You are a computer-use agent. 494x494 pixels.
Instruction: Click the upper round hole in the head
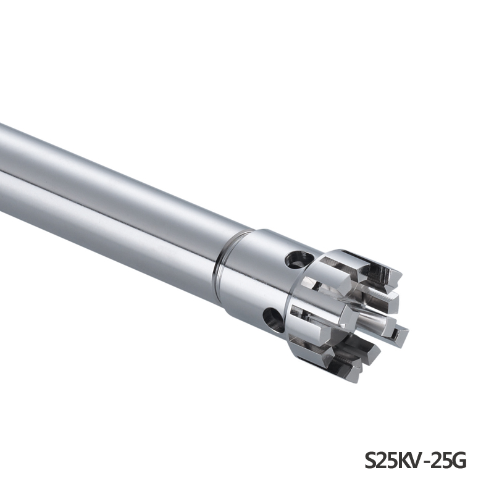[x=297, y=259]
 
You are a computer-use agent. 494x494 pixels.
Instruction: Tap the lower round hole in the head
[x=274, y=319]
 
